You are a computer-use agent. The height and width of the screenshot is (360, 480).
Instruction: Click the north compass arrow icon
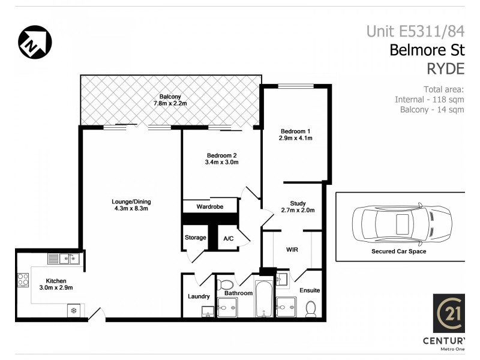[x=35, y=42]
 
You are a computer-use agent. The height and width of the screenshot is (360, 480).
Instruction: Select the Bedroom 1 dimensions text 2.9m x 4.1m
[x=296, y=138]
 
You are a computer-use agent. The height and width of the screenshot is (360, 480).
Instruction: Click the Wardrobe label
[x=210, y=207]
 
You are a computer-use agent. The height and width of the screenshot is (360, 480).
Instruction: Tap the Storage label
[x=195, y=238]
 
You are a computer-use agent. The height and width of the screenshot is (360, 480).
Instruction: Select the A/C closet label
[x=228, y=238]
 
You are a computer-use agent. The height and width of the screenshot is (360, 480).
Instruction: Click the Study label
[x=298, y=203]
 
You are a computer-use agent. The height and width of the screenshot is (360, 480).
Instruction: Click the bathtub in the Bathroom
[x=264, y=298]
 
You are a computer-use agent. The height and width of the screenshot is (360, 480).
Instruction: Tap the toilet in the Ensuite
[x=310, y=308]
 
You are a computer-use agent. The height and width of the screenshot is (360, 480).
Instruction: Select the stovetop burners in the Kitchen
[x=23, y=280]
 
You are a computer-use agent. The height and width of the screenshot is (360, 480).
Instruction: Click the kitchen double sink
[x=64, y=259]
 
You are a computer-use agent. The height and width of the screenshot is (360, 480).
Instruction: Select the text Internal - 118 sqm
[x=429, y=99]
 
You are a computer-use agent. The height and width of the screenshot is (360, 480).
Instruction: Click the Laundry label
[x=199, y=296]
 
